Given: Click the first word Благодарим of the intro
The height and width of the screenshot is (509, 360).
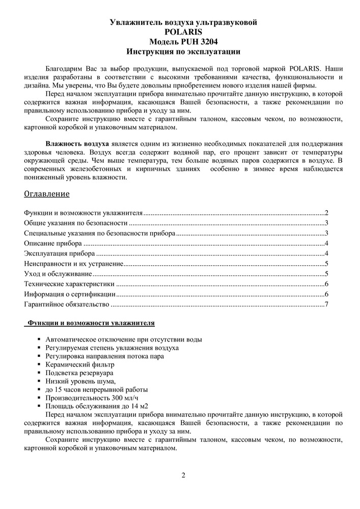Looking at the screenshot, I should tap(63, 68).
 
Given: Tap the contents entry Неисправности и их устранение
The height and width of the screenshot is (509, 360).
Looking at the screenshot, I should tap(73, 263).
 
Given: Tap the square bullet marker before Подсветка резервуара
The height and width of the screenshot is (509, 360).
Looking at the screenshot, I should tap(40, 373).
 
